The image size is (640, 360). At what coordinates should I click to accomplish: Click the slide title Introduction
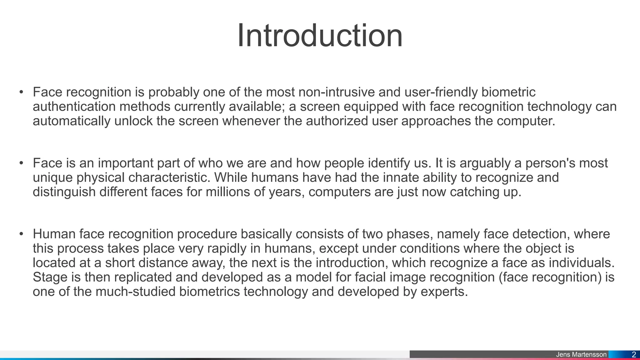point(320,36)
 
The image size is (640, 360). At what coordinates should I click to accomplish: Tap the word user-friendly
point(441,92)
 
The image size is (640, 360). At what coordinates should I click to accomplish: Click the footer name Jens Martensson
point(581,355)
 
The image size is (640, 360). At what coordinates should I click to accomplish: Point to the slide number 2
point(634,355)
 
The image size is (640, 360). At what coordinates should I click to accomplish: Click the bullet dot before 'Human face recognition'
point(21,234)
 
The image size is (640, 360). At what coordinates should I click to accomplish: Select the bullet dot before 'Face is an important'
point(21,163)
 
